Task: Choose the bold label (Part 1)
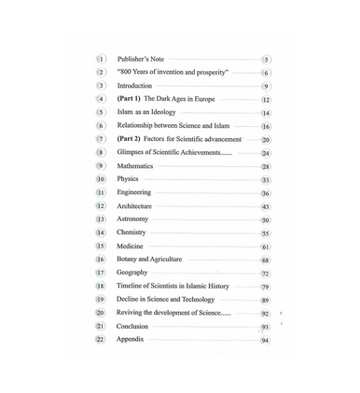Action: (x=130, y=98)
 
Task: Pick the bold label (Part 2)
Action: (x=130, y=138)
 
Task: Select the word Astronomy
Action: (x=134, y=218)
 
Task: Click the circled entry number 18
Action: (x=101, y=287)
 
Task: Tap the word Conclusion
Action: (x=134, y=327)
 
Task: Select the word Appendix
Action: (x=133, y=341)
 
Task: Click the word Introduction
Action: (x=136, y=85)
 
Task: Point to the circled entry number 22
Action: (x=101, y=341)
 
